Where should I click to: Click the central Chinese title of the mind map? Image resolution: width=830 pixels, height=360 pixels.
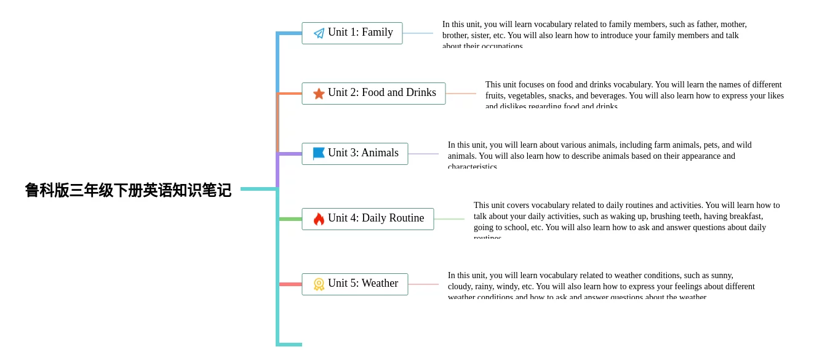128,190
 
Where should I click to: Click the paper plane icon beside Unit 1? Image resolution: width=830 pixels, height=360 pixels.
319,33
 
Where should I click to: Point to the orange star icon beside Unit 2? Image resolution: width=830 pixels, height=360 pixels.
319,94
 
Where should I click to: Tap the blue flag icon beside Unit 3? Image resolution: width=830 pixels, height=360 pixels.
319,153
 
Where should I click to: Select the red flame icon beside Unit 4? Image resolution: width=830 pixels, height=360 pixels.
319,219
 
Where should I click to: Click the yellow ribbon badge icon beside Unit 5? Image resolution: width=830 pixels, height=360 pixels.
319,284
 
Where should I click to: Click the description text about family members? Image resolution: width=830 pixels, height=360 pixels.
594,34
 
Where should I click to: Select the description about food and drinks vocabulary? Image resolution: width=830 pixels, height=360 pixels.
634,95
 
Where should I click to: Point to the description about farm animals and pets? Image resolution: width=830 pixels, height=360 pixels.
600,155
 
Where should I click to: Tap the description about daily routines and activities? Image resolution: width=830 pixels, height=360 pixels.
626,220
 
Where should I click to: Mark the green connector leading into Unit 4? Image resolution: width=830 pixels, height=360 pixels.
290,219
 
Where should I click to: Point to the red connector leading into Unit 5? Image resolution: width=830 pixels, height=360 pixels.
290,284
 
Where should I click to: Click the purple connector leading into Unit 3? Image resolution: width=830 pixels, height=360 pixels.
290,154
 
